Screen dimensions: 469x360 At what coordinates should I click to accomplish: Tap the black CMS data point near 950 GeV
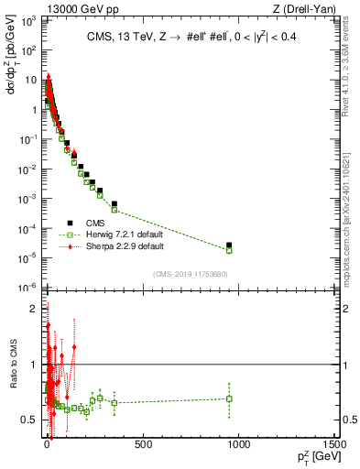tap(229, 245)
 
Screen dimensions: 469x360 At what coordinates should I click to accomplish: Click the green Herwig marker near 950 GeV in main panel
tap(229, 250)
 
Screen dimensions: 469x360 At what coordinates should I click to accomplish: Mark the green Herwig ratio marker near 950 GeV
tap(229, 398)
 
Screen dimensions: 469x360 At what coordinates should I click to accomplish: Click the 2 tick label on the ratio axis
tap(31, 310)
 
